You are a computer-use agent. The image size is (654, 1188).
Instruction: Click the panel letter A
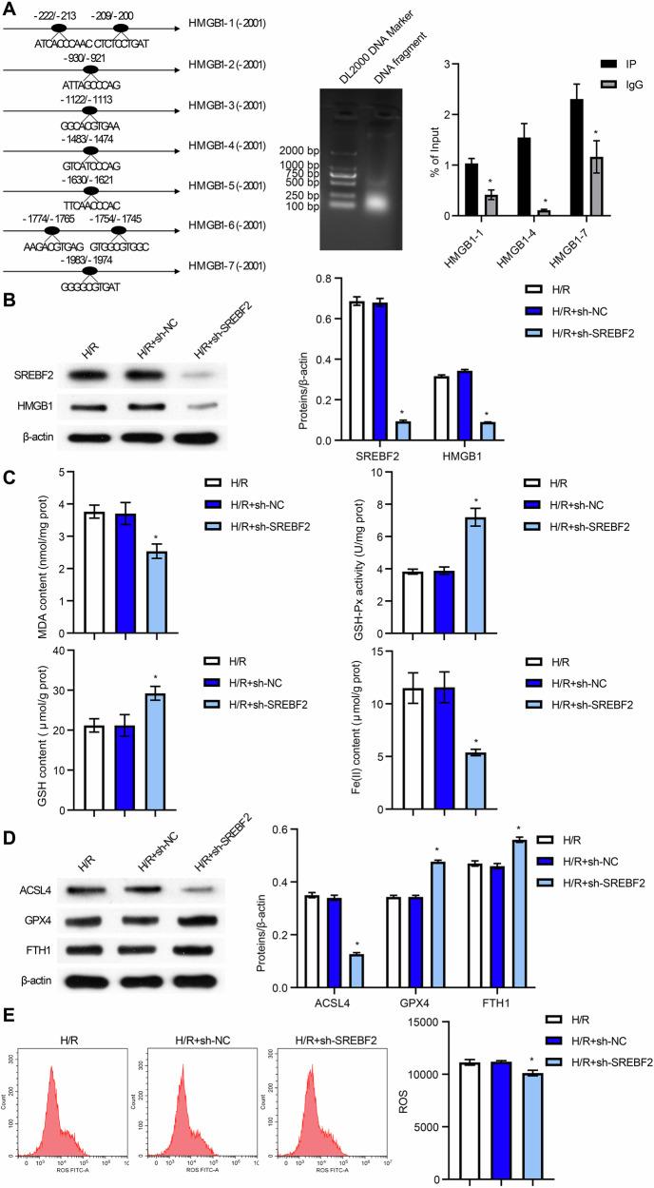[x=9, y=9]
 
